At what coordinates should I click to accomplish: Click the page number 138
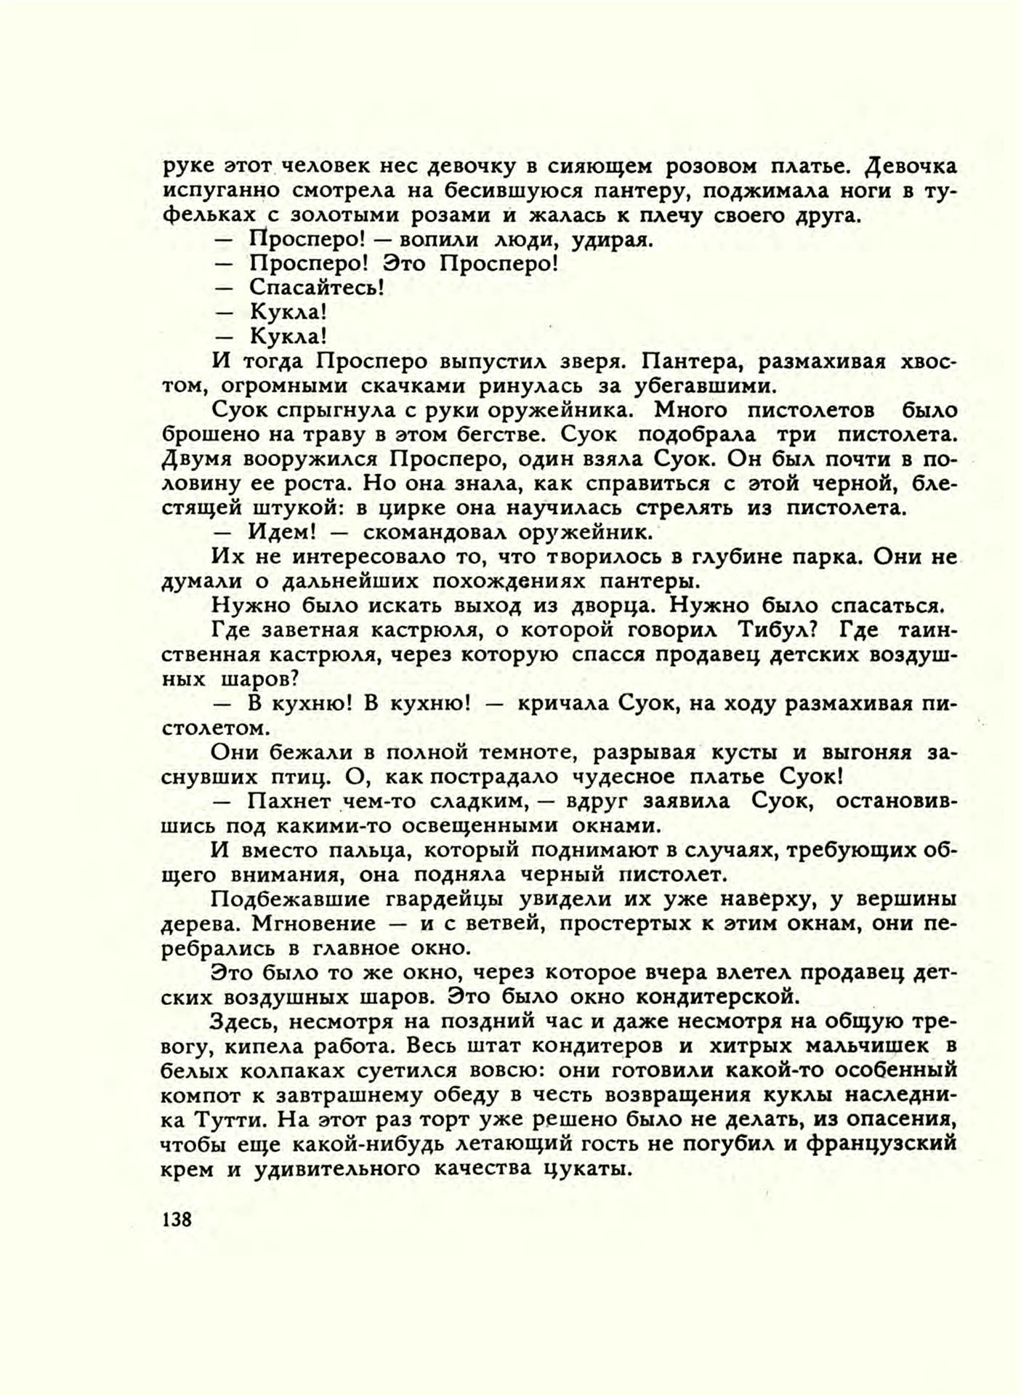tap(177, 1219)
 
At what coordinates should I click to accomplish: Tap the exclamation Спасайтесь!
tap(316, 288)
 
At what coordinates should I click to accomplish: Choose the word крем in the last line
tap(187, 1169)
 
